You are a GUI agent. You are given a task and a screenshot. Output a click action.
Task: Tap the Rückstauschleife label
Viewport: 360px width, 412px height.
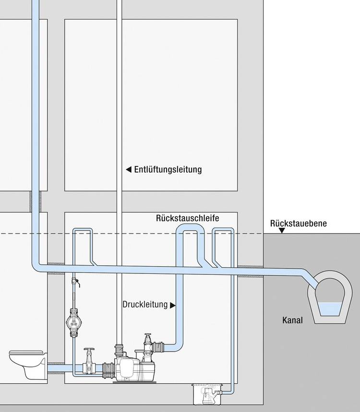[188, 218]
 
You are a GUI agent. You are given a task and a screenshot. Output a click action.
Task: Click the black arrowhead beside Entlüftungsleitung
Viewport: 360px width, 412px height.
[128, 170]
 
